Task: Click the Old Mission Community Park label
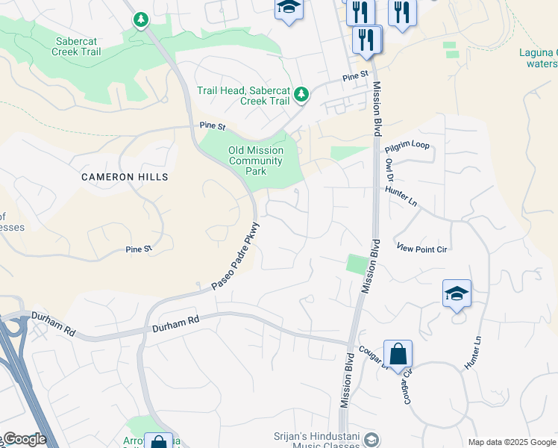pos(256,161)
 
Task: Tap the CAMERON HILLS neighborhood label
pos(125,177)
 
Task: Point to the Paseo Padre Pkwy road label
pos(235,256)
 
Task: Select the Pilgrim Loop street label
pos(408,145)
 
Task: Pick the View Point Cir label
pos(421,249)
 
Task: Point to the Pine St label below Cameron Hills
pos(139,249)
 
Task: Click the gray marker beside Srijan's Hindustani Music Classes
pos(371,441)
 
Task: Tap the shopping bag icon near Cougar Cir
pos(398,354)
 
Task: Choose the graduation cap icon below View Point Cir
pos(457,293)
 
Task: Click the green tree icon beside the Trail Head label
pos(301,94)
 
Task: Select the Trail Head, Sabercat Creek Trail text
pos(243,96)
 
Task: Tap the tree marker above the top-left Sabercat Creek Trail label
pos(141,19)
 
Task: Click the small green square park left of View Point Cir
pos(358,264)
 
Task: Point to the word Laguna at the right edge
pos(538,52)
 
